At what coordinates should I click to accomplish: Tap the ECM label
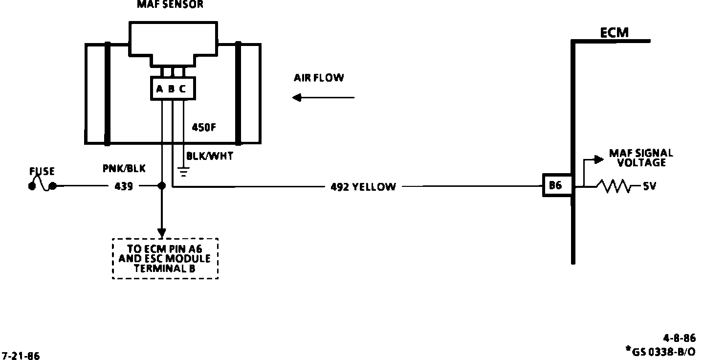(x=614, y=33)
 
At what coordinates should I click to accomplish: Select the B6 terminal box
(x=555, y=186)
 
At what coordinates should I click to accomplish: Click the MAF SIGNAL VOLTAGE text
(x=640, y=158)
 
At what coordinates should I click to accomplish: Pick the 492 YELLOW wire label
(x=363, y=186)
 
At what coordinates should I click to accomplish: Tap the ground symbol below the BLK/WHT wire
(x=183, y=172)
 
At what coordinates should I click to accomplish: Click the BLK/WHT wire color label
(x=210, y=157)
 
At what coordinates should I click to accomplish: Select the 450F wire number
(x=204, y=128)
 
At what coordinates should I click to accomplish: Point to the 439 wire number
(x=123, y=186)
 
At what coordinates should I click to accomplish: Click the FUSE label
(x=42, y=171)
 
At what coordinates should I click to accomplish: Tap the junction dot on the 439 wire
(x=162, y=186)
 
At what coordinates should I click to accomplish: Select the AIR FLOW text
(x=319, y=77)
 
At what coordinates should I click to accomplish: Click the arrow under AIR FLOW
(x=323, y=98)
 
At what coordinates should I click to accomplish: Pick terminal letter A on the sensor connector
(x=159, y=89)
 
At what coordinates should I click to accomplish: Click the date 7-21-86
(x=21, y=356)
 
